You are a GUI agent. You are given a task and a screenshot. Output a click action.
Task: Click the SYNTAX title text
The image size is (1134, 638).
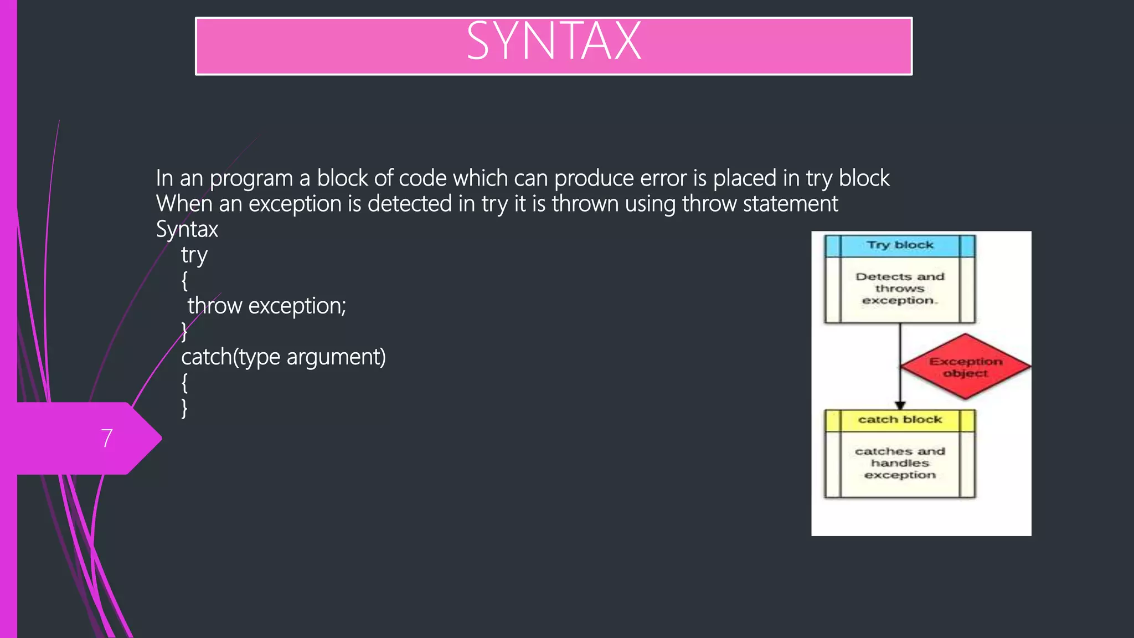[x=553, y=42]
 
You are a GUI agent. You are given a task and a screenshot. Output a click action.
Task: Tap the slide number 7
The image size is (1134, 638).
[x=107, y=438]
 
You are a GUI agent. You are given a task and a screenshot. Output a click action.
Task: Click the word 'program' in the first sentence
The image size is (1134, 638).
[x=251, y=179]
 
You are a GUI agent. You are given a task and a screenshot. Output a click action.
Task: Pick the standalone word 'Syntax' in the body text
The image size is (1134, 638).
[x=187, y=230]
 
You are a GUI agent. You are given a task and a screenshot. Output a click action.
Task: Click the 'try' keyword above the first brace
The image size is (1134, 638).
[x=194, y=256]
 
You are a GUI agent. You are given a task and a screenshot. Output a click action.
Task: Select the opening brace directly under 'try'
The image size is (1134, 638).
[x=184, y=281]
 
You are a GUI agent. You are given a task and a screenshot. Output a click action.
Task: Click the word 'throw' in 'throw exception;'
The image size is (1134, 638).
[x=214, y=306]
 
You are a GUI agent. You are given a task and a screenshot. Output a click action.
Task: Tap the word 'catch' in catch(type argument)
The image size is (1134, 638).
[x=206, y=357]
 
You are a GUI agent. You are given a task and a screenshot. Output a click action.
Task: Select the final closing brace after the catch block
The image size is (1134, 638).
[x=184, y=408]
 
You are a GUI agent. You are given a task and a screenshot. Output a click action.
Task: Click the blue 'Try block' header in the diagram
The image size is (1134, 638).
[x=900, y=245]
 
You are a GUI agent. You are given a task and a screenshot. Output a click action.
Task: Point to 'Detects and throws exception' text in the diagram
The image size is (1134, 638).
[x=900, y=289]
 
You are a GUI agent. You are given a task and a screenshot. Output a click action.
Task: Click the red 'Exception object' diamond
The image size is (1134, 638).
[x=966, y=367]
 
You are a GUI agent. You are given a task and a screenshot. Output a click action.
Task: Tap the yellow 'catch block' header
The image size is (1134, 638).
[x=900, y=420]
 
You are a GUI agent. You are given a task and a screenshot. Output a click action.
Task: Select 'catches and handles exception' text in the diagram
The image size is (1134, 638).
[x=900, y=463]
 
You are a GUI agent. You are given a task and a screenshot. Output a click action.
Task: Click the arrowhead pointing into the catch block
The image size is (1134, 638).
[x=900, y=405]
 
